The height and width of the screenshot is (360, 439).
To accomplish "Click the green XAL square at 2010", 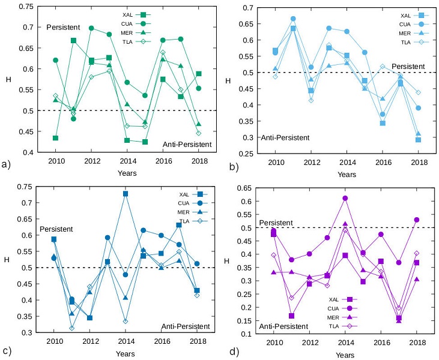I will click(55, 138).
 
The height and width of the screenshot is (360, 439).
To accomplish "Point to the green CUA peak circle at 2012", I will click(91, 28).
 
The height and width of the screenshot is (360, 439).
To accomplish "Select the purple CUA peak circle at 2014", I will click(345, 198).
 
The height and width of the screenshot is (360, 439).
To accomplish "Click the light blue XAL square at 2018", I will click(419, 140).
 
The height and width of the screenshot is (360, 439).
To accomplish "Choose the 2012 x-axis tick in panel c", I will click(90, 341).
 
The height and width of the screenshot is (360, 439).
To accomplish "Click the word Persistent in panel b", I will click(408, 66).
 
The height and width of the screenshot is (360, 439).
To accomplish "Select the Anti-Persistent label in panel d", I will click(284, 326).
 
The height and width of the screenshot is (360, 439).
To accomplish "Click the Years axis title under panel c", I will click(127, 355).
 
